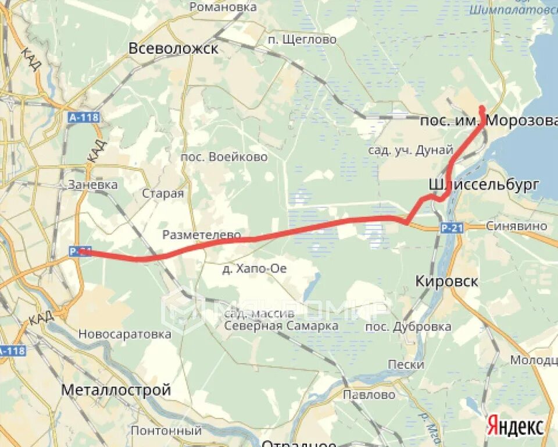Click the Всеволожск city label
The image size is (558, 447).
click(174, 48)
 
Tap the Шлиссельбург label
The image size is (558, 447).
click(484, 184)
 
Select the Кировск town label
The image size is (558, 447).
click(447, 282)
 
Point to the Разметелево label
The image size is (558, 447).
click(202, 235)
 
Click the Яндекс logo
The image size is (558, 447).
click(515, 425)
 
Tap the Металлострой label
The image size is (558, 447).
click(116, 389)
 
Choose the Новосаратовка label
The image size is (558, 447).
click(125, 334)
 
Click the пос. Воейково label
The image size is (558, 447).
click(224, 157)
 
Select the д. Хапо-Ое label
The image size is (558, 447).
click(255, 268)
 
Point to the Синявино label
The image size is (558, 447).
click(517, 226)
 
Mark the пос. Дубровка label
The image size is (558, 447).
click(408, 327)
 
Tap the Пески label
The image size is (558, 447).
click(406, 364)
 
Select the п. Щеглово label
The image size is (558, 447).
click(302, 40)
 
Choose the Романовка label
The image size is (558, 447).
click(223, 8)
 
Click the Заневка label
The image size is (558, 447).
click(92, 185)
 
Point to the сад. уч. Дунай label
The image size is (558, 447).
click(410, 150)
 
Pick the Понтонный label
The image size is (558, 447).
click(166, 431)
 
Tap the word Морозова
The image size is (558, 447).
click(521, 121)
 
